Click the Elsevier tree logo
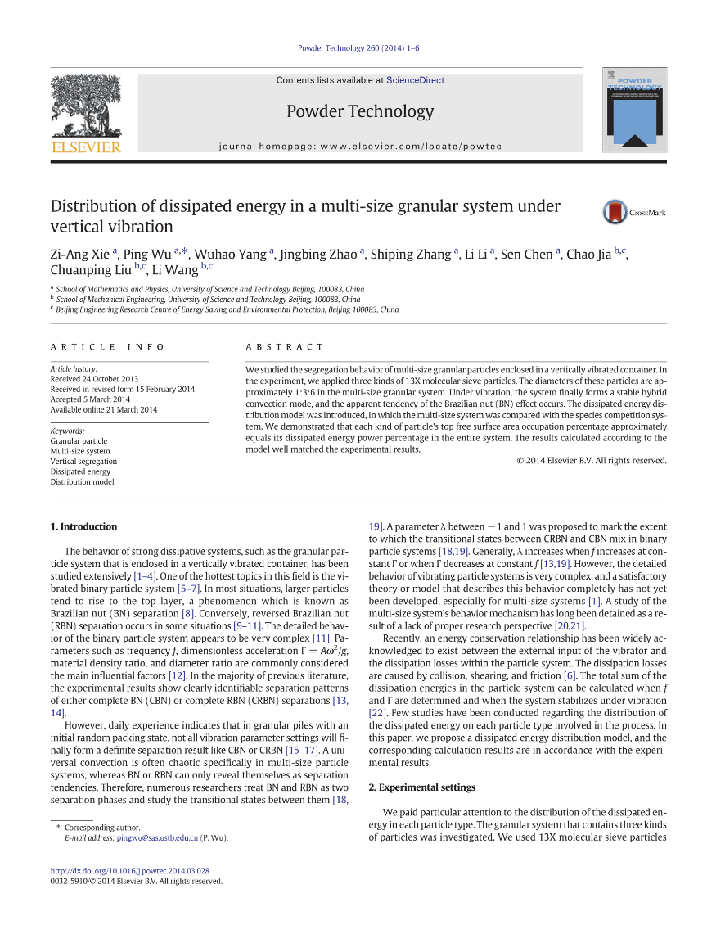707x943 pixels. click(x=86, y=113)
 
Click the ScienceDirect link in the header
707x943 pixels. click(x=415, y=80)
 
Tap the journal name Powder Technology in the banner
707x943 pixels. click(x=360, y=111)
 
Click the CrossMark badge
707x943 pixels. click(x=634, y=212)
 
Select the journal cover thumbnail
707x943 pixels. click(x=634, y=111)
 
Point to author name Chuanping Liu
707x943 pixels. click(x=91, y=269)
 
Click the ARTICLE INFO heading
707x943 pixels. click(x=107, y=347)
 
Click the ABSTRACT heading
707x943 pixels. click(x=285, y=347)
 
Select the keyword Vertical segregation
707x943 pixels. click(x=83, y=462)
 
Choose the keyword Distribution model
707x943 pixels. click(x=82, y=482)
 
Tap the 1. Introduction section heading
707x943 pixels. click(x=83, y=526)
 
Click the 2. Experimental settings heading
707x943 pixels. click(x=421, y=787)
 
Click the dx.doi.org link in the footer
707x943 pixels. click(x=129, y=871)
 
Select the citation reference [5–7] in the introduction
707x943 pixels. click(x=187, y=588)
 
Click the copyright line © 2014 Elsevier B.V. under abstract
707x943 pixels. click(x=592, y=460)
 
